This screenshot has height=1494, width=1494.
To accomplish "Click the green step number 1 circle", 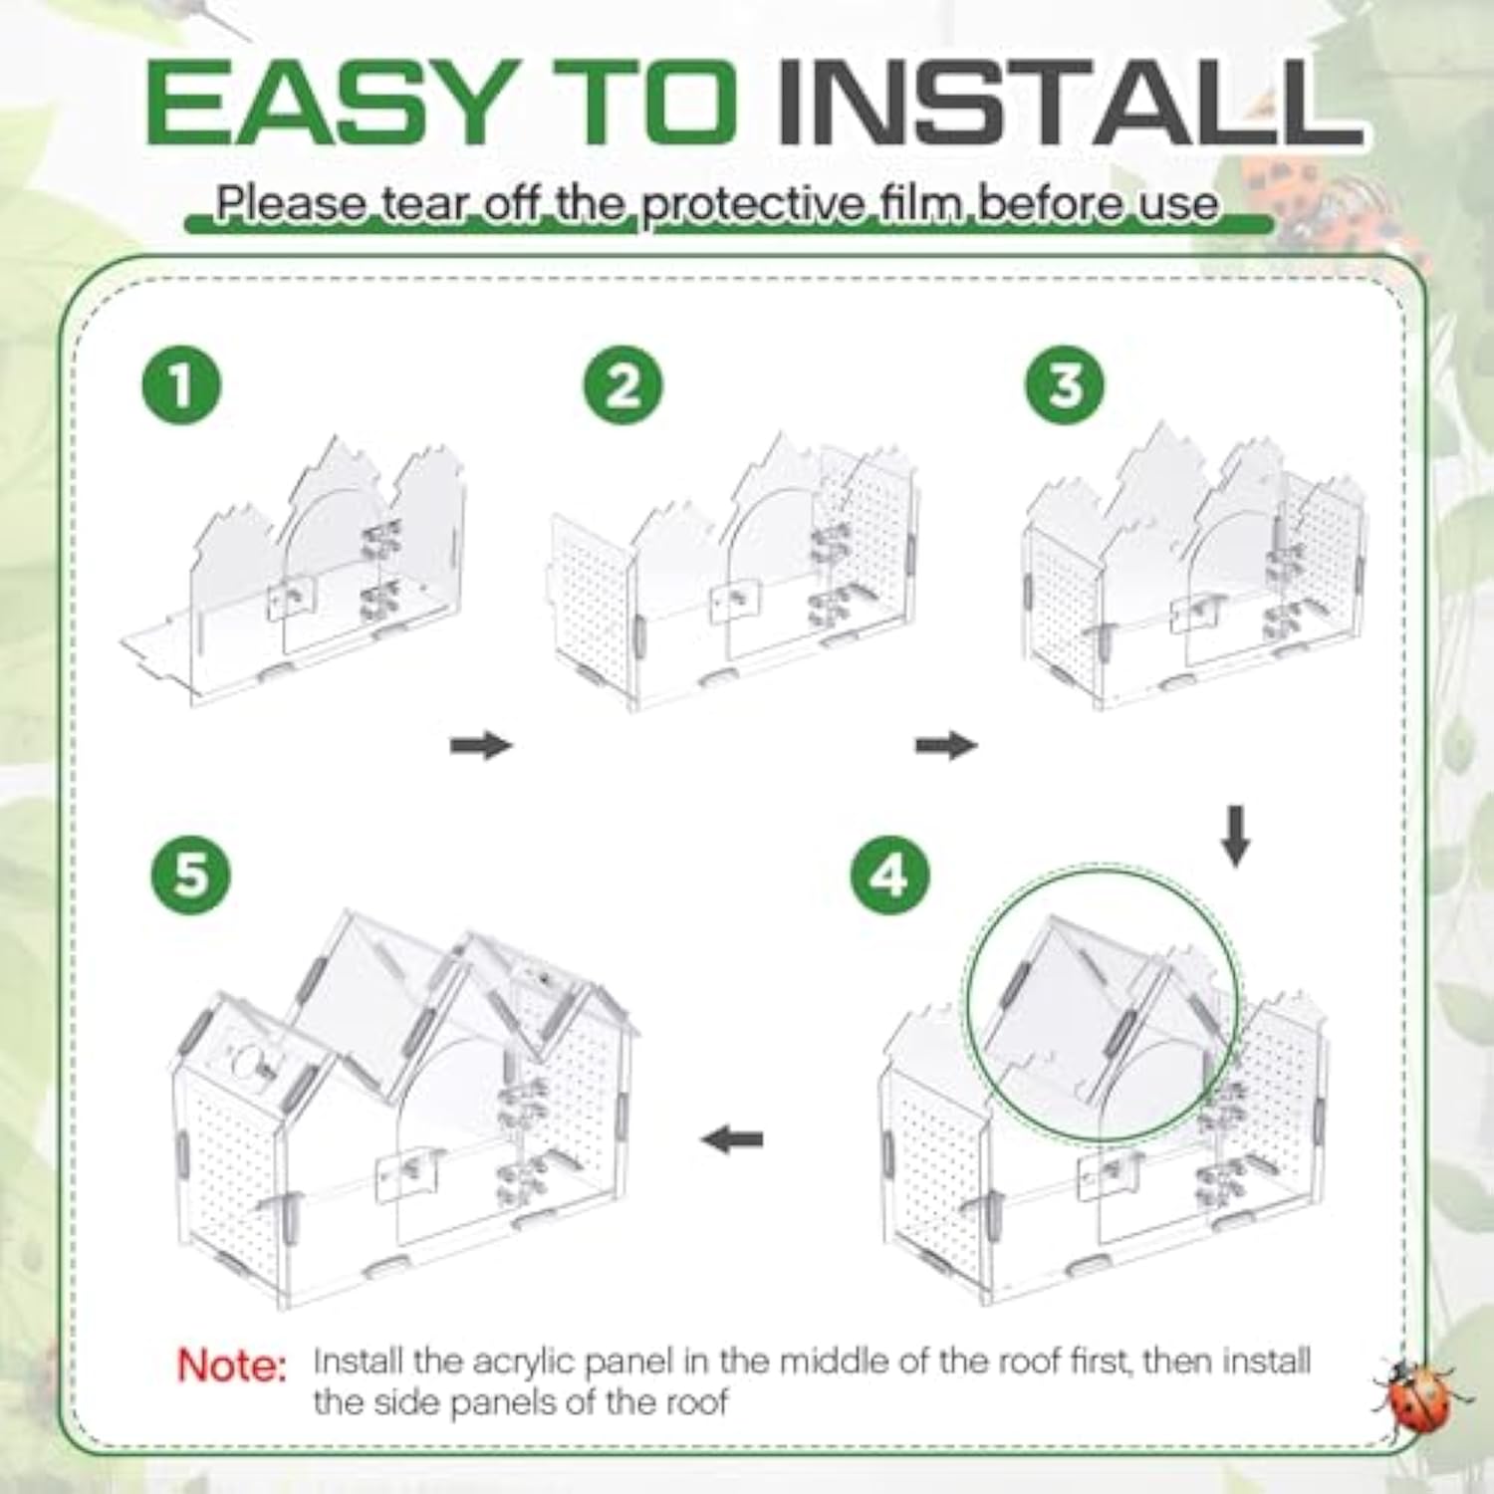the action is click(181, 385).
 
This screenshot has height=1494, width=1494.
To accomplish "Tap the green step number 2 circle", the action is click(623, 385).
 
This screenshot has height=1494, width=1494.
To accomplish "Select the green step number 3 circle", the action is click(1065, 385).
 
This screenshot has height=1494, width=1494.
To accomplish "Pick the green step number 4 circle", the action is click(890, 875).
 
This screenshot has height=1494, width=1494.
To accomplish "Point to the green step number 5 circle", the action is click(191, 875).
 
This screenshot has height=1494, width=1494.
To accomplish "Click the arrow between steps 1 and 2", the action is click(481, 744).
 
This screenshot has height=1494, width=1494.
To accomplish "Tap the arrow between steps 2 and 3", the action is click(946, 744).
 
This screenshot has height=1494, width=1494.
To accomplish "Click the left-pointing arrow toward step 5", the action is click(732, 1138).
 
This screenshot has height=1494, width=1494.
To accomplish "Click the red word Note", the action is click(231, 1365).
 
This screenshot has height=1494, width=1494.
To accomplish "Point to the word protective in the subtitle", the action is click(753, 205).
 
